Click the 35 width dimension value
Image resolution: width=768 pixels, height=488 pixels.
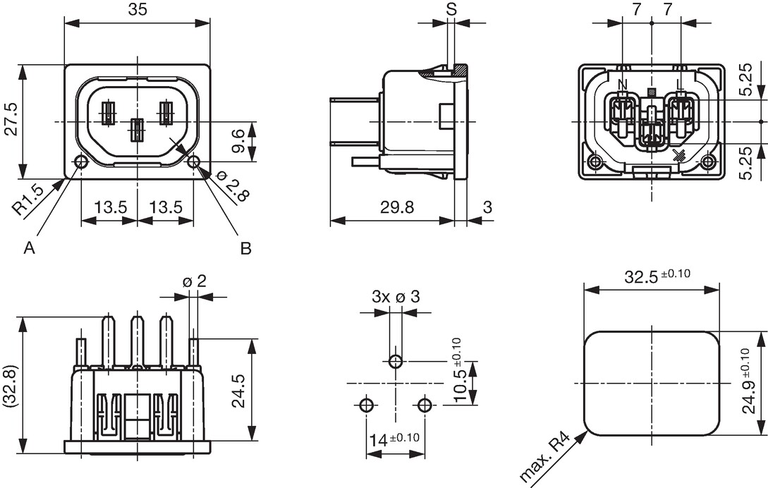(x=138, y=10)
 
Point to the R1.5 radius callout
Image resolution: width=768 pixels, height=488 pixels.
(x=28, y=200)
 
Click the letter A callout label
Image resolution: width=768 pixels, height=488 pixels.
(x=30, y=249)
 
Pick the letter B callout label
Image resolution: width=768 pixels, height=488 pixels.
(x=245, y=249)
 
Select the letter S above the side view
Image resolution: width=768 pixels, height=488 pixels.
(x=451, y=8)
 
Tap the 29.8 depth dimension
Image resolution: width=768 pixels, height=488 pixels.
(x=397, y=207)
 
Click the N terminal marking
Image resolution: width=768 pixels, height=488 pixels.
(x=623, y=85)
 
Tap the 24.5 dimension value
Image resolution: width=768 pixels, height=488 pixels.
(x=238, y=391)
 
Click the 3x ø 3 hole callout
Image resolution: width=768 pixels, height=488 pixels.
(x=396, y=296)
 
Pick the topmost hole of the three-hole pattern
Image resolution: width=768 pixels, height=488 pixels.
(x=396, y=362)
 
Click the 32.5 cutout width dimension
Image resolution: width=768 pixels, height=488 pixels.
(x=657, y=276)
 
